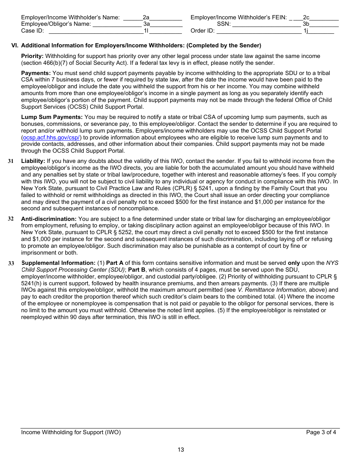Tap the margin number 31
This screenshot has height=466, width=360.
[x=11, y=161]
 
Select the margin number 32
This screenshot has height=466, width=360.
[x=11, y=219]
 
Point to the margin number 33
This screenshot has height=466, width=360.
[x=11, y=263]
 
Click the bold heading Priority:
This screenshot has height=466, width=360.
[x=32, y=56]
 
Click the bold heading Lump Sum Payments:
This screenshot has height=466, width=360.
[x=52, y=117]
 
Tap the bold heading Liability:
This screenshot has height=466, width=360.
[x=33, y=161]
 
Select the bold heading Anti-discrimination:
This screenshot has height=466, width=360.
[x=49, y=219]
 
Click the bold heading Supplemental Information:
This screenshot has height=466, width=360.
[x=58, y=263]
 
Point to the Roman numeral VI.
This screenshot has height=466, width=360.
[x=15, y=45]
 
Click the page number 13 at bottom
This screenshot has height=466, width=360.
[x=181, y=450]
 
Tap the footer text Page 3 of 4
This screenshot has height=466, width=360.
[x=321, y=432]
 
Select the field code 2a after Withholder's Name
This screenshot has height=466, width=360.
[x=146, y=17]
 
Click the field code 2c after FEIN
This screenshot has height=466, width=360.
[x=306, y=17]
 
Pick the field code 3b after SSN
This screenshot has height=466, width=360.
[x=306, y=24]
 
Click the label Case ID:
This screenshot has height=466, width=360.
[x=32, y=31]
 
